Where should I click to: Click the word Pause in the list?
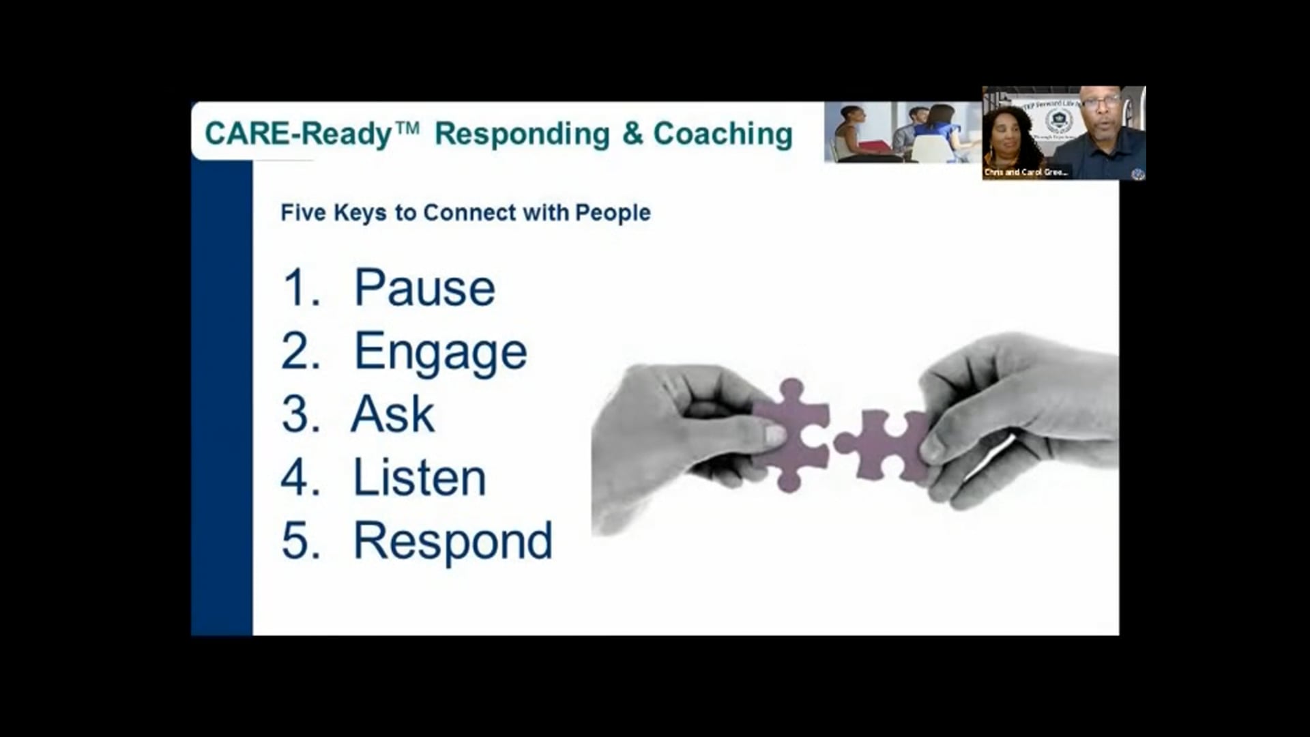(x=424, y=288)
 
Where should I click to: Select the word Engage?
(x=440, y=352)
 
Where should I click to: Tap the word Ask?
(x=393, y=414)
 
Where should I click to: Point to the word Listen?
(x=419, y=478)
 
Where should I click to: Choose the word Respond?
(x=452, y=541)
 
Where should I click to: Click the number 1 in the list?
(x=299, y=288)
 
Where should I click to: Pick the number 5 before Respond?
(x=300, y=541)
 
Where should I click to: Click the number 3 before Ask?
(x=300, y=414)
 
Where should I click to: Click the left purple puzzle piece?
(x=795, y=433)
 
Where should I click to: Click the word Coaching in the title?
(x=723, y=134)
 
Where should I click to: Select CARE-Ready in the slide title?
(x=298, y=134)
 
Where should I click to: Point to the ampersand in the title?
(x=632, y=134)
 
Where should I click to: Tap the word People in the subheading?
(x=613, y=213)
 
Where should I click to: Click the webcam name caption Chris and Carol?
(x=1025, y=173)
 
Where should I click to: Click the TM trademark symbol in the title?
(x=407, y=126)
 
